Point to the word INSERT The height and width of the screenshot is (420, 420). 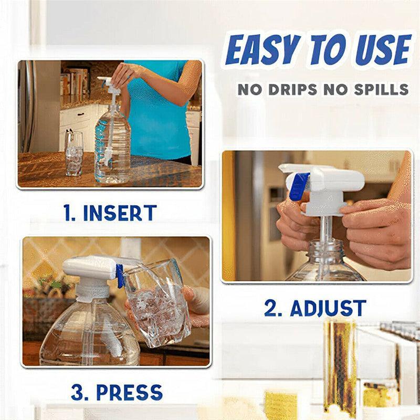point(120,213)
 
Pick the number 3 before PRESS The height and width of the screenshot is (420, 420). point(79,392)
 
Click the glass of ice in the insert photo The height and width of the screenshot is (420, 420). point(74,153)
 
